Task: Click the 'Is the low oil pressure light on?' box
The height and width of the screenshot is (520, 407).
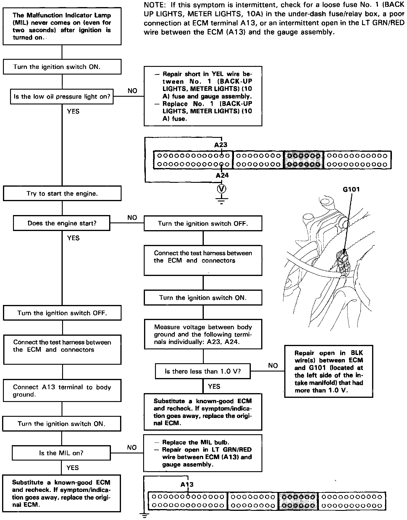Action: click(62, 96)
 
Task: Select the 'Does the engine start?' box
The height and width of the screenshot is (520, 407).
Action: click(62, 223)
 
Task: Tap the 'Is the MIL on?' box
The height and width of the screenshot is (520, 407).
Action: click(61, 453)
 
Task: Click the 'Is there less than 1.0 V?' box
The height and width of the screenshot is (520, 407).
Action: click(203, 371)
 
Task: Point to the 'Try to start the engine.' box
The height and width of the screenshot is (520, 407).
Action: click(62, 193)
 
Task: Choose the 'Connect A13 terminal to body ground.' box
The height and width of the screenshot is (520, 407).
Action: click(62, 391)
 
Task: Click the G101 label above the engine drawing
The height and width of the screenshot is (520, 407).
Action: click(351, 189)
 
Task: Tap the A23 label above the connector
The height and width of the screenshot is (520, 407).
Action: click(221, 145)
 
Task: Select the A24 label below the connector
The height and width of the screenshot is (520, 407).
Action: click(222, 175)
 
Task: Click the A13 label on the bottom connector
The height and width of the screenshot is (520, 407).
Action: click(187, 485)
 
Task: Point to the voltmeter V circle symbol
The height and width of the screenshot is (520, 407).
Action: click(222, 188)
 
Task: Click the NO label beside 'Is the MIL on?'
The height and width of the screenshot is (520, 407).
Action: click(132, 448)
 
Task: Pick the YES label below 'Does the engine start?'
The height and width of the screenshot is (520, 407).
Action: click(73, 238)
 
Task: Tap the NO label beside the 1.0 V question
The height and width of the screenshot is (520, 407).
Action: click(273, 366)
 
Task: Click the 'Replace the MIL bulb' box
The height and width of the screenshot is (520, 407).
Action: click(203, 453)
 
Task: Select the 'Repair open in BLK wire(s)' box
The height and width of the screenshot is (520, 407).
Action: click(328, 371)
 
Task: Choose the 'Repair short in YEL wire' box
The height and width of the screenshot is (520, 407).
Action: click(203, 96)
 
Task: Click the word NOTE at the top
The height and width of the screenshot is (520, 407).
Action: click(153, 5)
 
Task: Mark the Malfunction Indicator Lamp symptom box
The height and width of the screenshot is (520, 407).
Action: click(62, 26)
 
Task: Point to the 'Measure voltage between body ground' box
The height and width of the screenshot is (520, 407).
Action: click(203, 334)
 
